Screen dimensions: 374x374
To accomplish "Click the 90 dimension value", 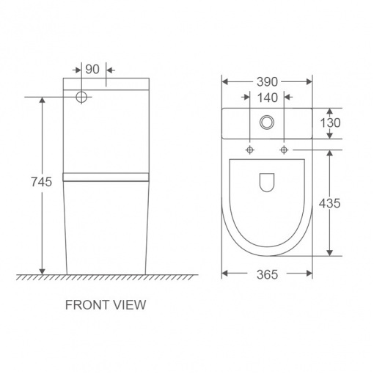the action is click(x=92, y=70).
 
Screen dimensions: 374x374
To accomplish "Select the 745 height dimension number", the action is click(x=42, y=182).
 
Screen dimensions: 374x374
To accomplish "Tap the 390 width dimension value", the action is click(x=267, y=82).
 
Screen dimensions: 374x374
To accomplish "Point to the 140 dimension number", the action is click(x=268, y=98).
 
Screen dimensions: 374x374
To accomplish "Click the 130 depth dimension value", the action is click(x=330, y=123).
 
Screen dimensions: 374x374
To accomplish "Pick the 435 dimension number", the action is click(x=329, y=203).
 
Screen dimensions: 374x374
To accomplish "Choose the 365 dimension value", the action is click(x=267, y=274).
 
